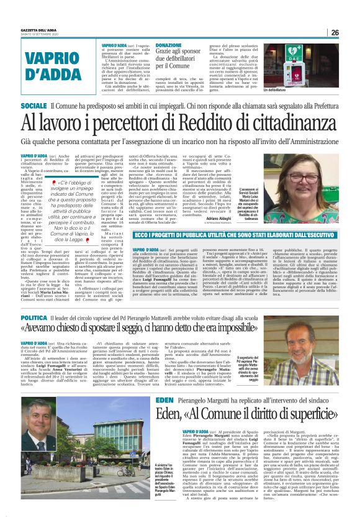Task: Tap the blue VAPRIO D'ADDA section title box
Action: pyautogui.click(x=51, y=66)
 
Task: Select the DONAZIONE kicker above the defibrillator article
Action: pyautogui.click(x=169, y=45)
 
